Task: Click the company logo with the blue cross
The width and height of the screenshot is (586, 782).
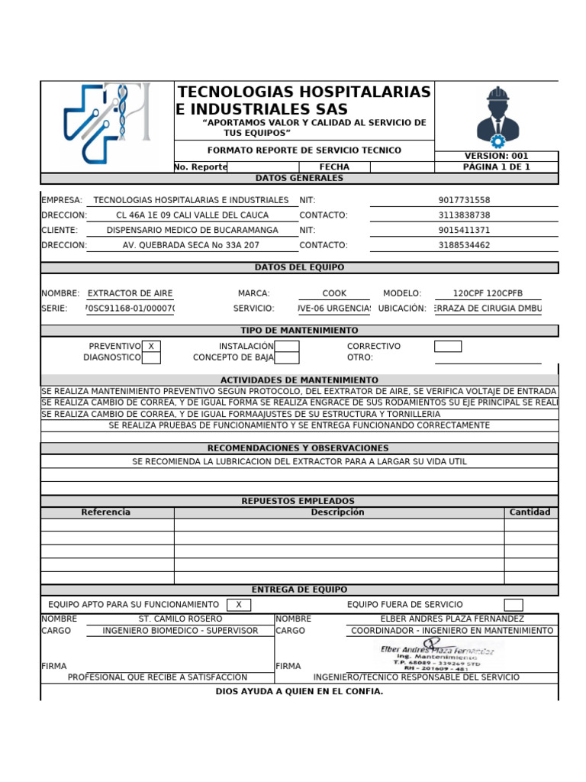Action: point(107,124)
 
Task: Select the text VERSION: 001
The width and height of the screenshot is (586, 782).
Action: point(496,156)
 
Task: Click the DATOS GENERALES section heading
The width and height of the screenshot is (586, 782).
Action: point(299,178)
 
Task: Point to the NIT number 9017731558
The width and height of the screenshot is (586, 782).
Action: point(464,200)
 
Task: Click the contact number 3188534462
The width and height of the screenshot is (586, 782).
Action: point(464,245)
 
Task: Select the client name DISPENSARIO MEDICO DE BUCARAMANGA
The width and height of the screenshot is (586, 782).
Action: point(192,230)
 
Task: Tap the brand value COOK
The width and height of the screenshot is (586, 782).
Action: point(334,293)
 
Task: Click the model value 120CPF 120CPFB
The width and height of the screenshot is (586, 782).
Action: point(488,293)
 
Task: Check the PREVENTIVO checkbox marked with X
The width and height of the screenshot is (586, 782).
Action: point(151,346)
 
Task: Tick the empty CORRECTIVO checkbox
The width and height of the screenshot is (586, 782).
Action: point(448,346)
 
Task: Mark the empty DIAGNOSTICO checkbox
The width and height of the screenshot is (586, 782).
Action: point(151,357)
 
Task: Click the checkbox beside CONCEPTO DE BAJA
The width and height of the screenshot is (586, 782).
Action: point(287,357)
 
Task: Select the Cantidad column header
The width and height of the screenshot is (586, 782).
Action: point(530,512)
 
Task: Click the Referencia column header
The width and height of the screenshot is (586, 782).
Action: point(106,512)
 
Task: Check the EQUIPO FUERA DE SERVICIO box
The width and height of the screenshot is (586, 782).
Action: point(514,605)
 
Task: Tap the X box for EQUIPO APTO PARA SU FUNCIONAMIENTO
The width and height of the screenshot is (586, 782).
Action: point(239,605)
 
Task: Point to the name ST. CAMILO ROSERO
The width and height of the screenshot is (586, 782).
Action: point(180,619)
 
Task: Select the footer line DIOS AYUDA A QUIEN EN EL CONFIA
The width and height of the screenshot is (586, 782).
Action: point(299,692)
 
